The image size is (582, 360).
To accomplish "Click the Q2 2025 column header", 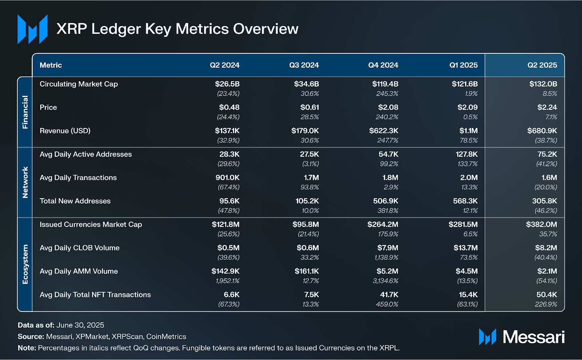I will (x=542, y=65).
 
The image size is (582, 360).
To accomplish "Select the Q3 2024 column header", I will (x=304, y=65).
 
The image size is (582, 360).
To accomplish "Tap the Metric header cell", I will (x=51, y=65).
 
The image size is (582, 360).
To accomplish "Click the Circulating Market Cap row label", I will (x=79, y=84).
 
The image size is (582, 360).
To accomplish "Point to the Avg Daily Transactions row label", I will (x=78, y=178).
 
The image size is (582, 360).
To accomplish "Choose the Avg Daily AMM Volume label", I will (x=79, y=271).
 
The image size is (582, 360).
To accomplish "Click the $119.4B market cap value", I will (x=385, y=84).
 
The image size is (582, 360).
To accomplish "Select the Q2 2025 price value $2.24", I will (x=547, y=107).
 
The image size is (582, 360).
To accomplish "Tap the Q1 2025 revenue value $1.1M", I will (x=468, y=131).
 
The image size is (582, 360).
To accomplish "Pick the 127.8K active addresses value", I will (x=467, y=154).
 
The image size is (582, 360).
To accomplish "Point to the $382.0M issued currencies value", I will (x=541, y=225).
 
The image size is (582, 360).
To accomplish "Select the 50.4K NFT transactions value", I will (x=546, y=294).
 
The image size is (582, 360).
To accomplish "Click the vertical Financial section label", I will (x=25, y=112).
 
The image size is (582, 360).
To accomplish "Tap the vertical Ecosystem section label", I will (x=25, y=264).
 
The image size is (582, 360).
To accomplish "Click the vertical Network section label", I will (x=25, y=182).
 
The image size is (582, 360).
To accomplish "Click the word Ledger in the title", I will (x=116, y=29).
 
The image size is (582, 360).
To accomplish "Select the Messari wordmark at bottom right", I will (x=533, y=337).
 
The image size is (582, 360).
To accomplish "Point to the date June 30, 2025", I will (x=80, y=325).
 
